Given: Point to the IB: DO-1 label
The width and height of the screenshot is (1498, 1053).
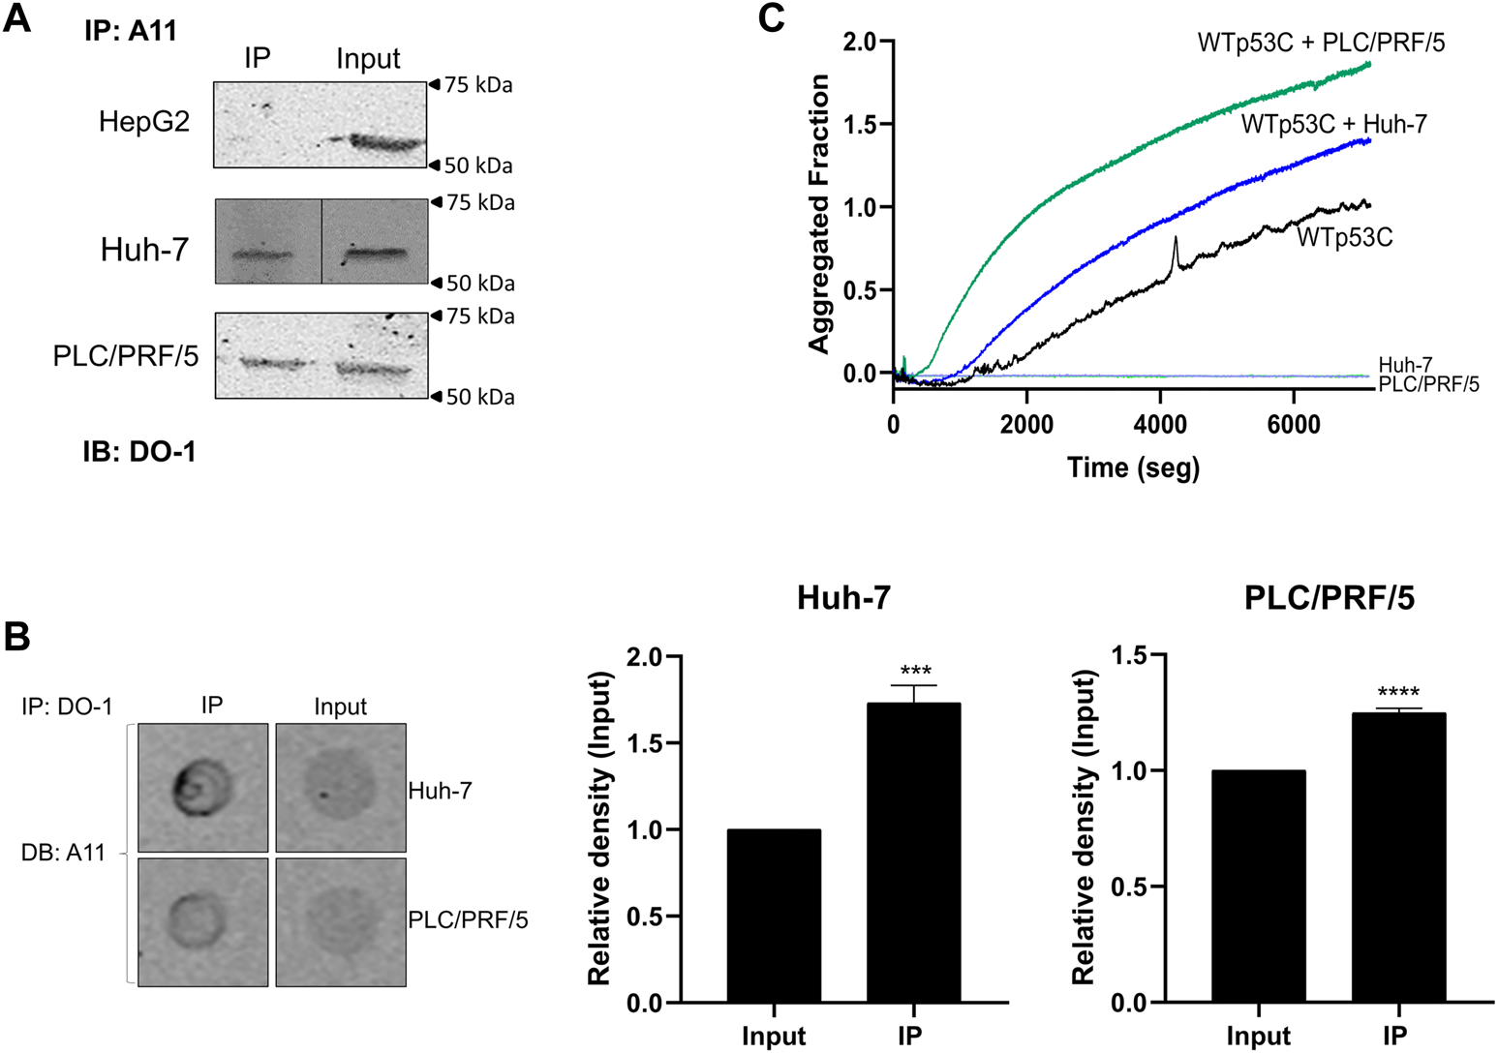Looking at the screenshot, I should (138, 451).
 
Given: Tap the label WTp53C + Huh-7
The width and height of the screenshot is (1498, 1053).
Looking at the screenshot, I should (1333, 124).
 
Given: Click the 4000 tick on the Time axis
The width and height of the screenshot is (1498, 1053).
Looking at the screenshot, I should (1160, 425).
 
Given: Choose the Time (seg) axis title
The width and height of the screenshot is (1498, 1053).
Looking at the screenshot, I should (1133, 468).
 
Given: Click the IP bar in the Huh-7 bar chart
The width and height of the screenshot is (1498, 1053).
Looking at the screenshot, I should (913, 853).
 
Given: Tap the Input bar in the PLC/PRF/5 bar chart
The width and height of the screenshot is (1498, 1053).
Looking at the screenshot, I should (1258, 886).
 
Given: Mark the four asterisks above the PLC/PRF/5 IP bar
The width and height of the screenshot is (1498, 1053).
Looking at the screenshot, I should (1397, 693).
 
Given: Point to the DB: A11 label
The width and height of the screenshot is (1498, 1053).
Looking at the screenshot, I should (63, 854).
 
